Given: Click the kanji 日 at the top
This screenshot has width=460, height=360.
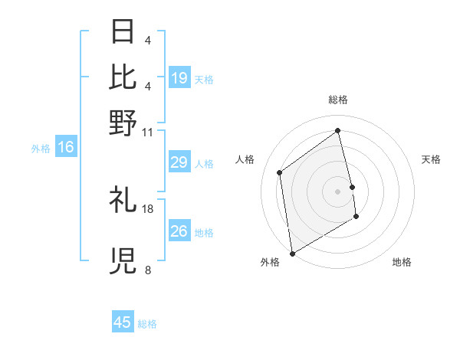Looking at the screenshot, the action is pyautogui.click(x=123, y=32).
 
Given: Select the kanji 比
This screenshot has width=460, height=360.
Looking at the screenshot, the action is pyautogui.click(x=123, y=77).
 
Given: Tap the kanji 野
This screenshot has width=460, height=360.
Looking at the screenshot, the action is pyautogui.click(x=123, y=122).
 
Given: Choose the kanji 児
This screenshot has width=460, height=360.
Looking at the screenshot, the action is pyautogui.click(x=123, y=261).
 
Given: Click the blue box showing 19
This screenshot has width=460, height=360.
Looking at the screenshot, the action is pyautogui.click(x=179, y=77).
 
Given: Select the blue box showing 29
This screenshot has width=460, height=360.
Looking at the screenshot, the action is pyautogui.click(x=179, y=162).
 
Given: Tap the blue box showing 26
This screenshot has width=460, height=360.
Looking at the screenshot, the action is pyautogui.click(x=179, y=231).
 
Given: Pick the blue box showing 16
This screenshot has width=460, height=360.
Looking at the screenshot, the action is pyautogui.click(x=65, y=147).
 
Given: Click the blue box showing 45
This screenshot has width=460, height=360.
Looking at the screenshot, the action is pyautogui.click(x=123, y=322).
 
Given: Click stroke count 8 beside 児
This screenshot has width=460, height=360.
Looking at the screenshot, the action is pyautogui.click(x=147, y=270).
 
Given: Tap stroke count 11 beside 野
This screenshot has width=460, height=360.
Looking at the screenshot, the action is pyautogui.click(x=148, y=132).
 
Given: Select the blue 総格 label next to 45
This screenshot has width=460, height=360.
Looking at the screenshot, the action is pyautogui.click(x=148, y=324).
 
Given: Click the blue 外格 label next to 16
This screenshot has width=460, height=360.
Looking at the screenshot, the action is pyautogui.click(x=41, y=148).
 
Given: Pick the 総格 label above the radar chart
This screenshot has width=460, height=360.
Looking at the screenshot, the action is pyautogui.click(x=338, y=100).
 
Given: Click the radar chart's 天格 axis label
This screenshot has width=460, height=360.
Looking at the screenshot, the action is pyautogui.click(x=432, y=159).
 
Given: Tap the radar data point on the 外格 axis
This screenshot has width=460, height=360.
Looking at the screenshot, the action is pyautogui.click(x=292, y=253).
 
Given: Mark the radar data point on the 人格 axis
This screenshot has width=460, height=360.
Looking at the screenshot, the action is pyautogui.click(x=280, y=172).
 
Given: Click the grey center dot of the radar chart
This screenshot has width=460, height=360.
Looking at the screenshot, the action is pyautogui.click(x=338, y=191).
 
